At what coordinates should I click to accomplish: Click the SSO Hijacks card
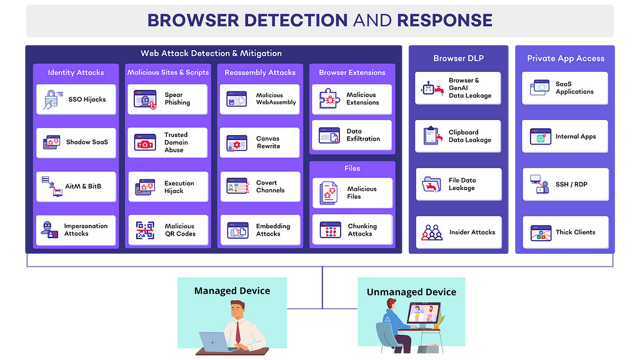[x=76, y=99]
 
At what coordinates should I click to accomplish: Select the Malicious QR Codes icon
[x=145, y=230]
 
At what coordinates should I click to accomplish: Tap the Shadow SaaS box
[x=76, y=142]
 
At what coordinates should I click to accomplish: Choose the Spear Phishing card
[x=167, y=99]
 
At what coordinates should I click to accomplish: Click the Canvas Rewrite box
[x=259, y=142]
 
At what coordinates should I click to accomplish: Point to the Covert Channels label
[x=270, y=186]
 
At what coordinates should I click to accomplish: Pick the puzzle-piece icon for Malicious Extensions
[x=329, y=98]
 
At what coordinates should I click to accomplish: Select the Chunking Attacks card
[x=352, y=230]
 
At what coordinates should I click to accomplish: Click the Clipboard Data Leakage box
[x=458, y=136]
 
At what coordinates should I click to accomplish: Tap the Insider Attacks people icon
[x=432, y=232]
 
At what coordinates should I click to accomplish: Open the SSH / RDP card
[x=565, y=184]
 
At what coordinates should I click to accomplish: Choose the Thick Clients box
[x=565, y=232]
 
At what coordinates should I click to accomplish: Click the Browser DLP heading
[x=458, y=58]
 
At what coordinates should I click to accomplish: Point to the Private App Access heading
[x=566, y=58]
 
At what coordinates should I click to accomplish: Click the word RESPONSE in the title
[x=444, y=21]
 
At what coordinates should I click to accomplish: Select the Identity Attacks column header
[x=76, y=72]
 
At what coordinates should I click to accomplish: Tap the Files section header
[x=352, y=168]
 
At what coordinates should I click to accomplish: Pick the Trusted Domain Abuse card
[x=167, y=142]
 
